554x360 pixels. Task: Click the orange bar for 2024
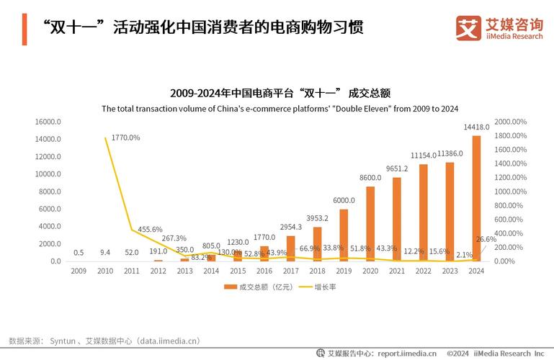(476, 198)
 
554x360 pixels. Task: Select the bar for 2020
(370, 223)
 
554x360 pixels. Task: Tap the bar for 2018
(317, 243)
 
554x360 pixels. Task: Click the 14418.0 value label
(476, 127)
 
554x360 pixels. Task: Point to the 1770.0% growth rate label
(125, 137)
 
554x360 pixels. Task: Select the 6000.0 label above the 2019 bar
(344, 200)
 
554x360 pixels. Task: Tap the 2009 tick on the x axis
(79, 271)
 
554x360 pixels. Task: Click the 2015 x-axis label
(238, 271)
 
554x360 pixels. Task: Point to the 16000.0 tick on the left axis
(49, 122)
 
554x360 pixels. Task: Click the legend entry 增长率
(321, 287)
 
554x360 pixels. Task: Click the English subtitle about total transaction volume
(280, 109)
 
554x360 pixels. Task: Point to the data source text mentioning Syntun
(104, 341)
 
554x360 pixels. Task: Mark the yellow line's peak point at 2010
(105, 138)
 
